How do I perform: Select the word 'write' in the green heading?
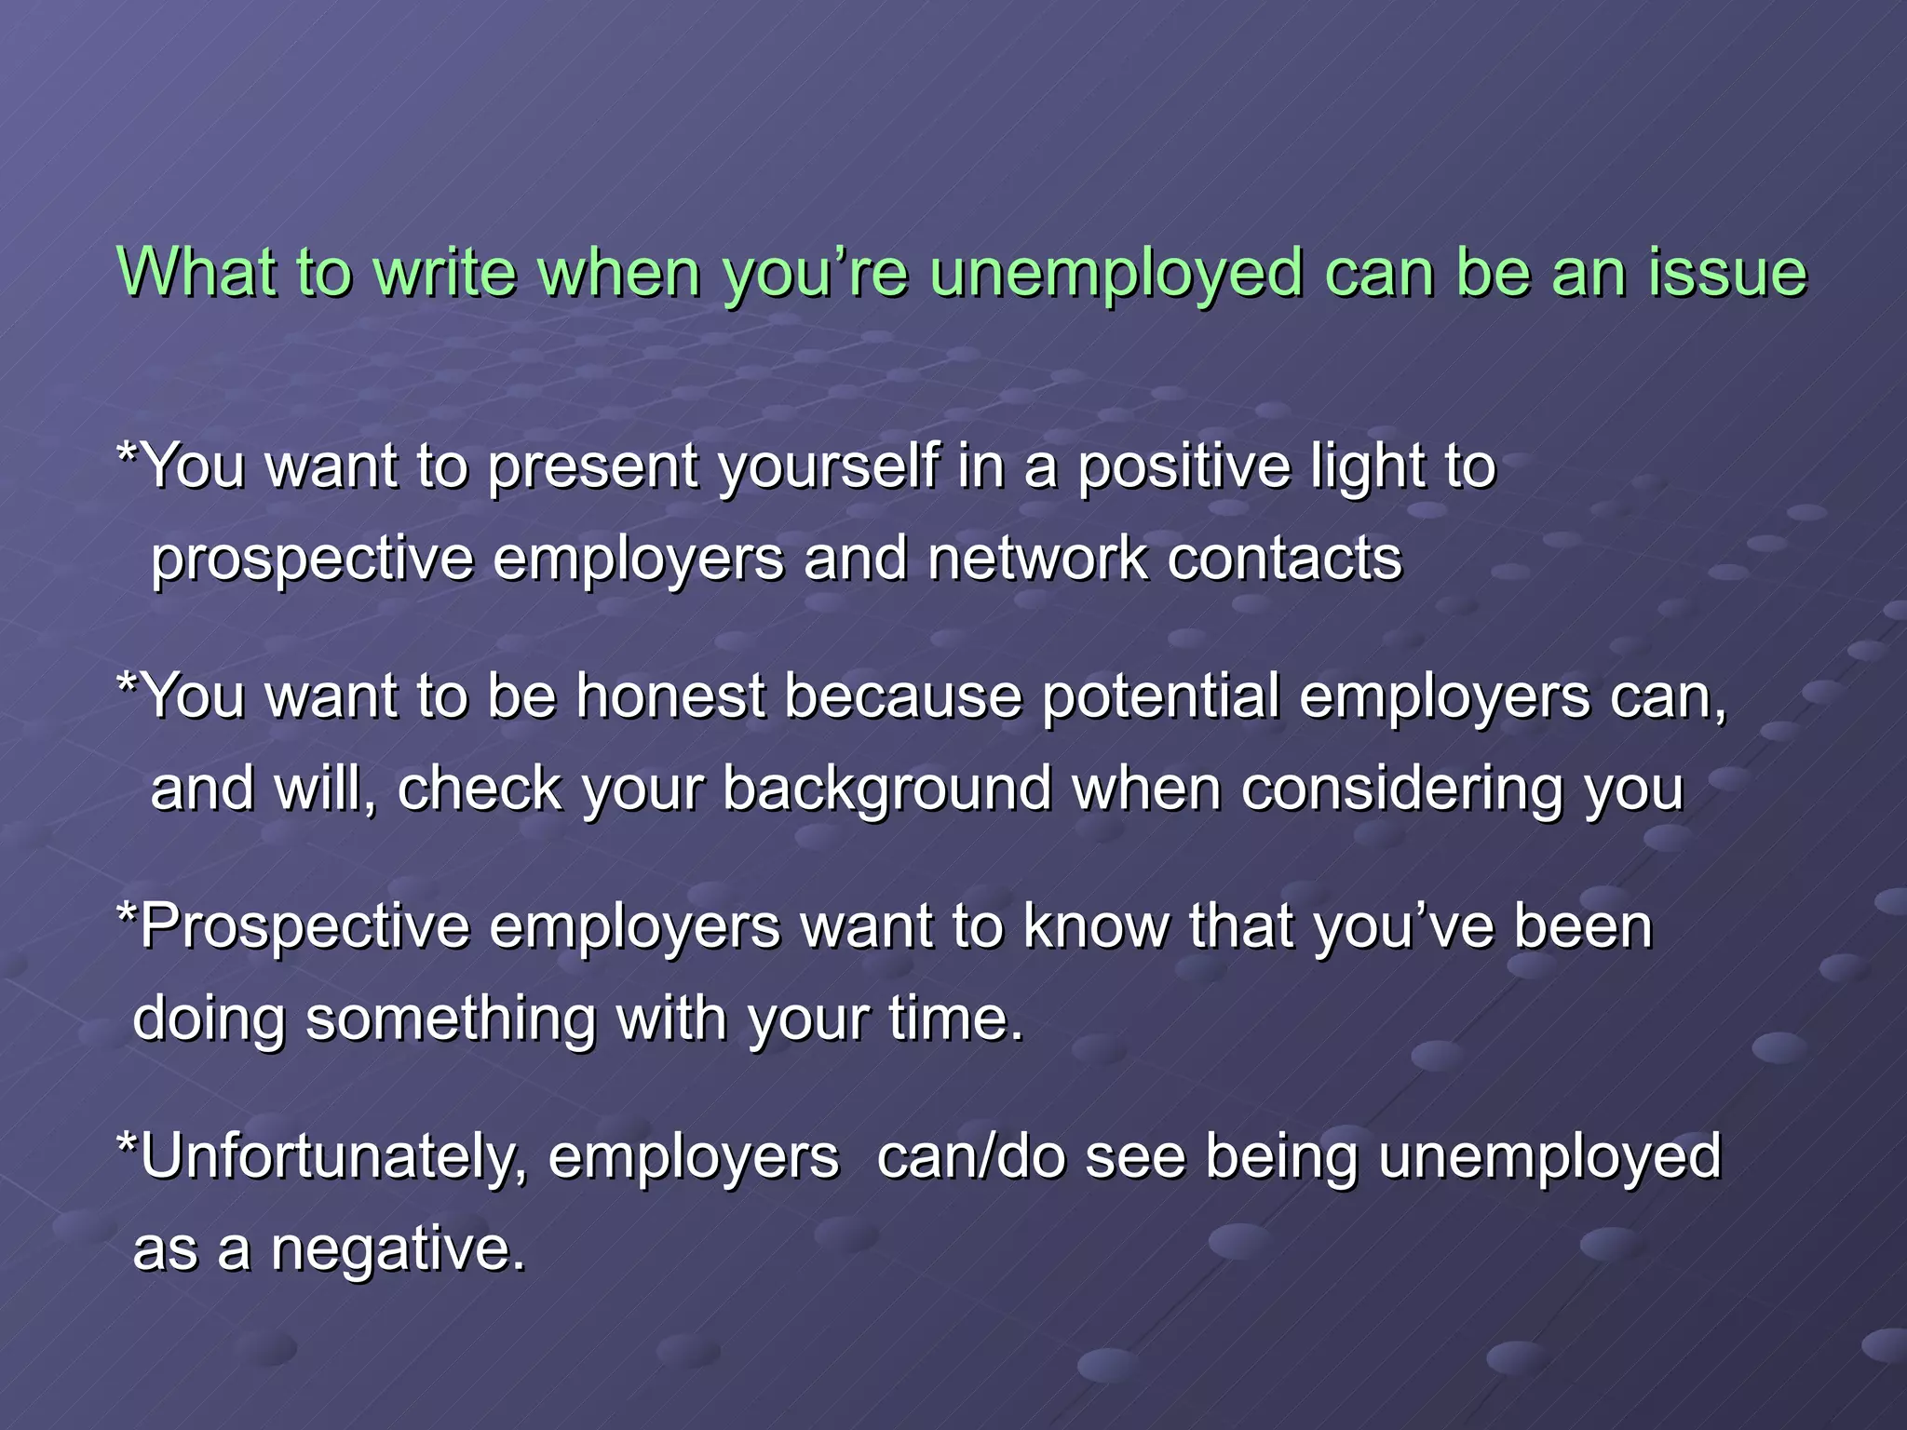click(x=444, y=273)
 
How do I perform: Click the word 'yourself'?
click(x=828, y=465)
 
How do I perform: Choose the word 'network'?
click(x=1037, y=559)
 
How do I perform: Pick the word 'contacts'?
click(x=1285, y=559)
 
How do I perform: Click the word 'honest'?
click(x=670, y=695)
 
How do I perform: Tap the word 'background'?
click(x=887, y=789)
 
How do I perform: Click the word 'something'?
click(x=451, y=1019)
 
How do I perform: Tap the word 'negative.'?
click(x=399, y=1249)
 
